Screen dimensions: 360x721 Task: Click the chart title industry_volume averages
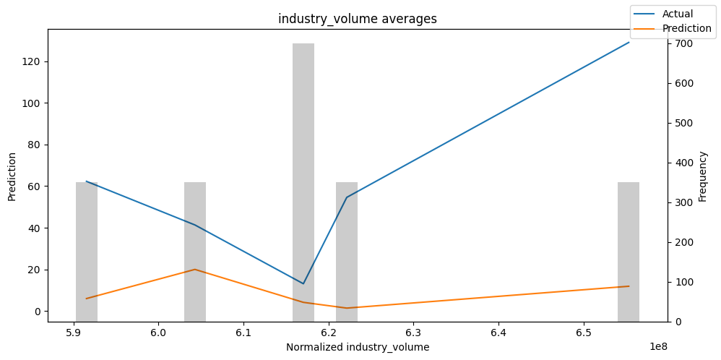click(x=357, y=19)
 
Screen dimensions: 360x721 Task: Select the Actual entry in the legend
click(x=677, y=14)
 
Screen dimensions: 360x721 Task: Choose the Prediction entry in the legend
click(x=687, y=29)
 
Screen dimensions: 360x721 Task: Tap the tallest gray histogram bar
click(x=303, y=181)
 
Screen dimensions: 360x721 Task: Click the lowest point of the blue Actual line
click(x=303, y=283)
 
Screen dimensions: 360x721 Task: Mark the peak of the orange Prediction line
click(x=195, y=270)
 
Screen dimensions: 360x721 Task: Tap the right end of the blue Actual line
click(x=629, y=42)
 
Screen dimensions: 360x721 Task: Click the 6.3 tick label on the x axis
click(x=413, y=333)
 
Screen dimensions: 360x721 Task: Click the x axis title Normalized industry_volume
click(x=357, y=347)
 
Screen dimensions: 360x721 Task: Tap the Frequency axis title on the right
click(x=703, y=176)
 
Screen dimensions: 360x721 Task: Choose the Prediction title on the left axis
click(x=12, y=176)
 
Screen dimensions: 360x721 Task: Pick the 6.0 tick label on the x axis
click(x=158, y=333)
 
